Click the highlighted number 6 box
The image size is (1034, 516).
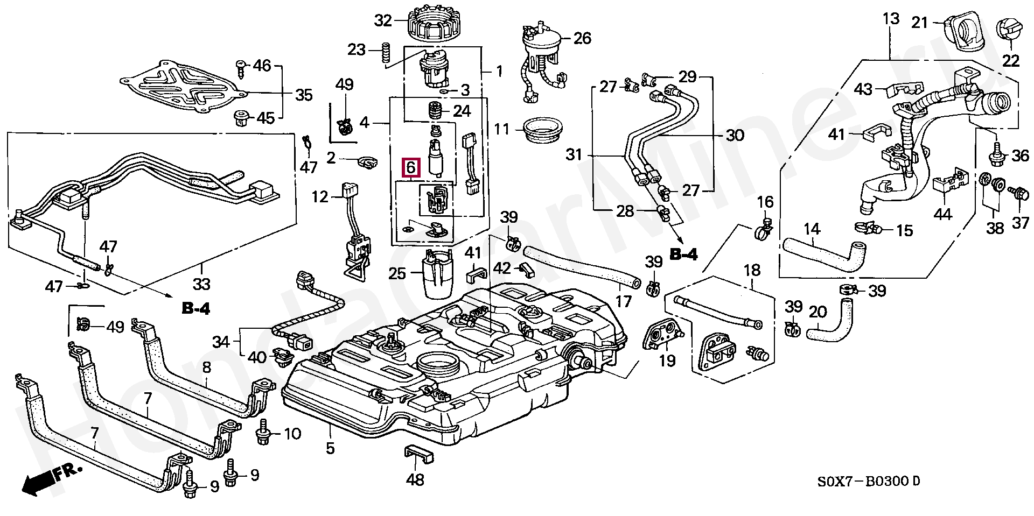[x=411, y=167]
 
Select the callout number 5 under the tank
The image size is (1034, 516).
[x=330, y=448]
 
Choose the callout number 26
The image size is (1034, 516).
[x=582, y=38]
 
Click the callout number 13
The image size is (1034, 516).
[x=891, y=19]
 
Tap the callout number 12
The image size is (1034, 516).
[x=319, y=196]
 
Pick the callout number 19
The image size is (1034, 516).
[x=667, y=359]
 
